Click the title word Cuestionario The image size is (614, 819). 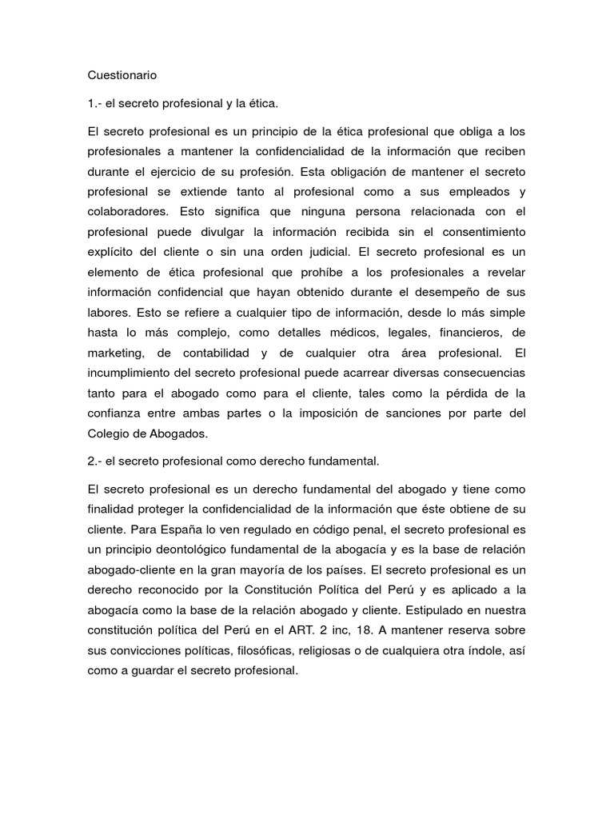pyautogui.click(x=122, y=75)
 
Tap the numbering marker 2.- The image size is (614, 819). pyautogui.click(x=95, y=461)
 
